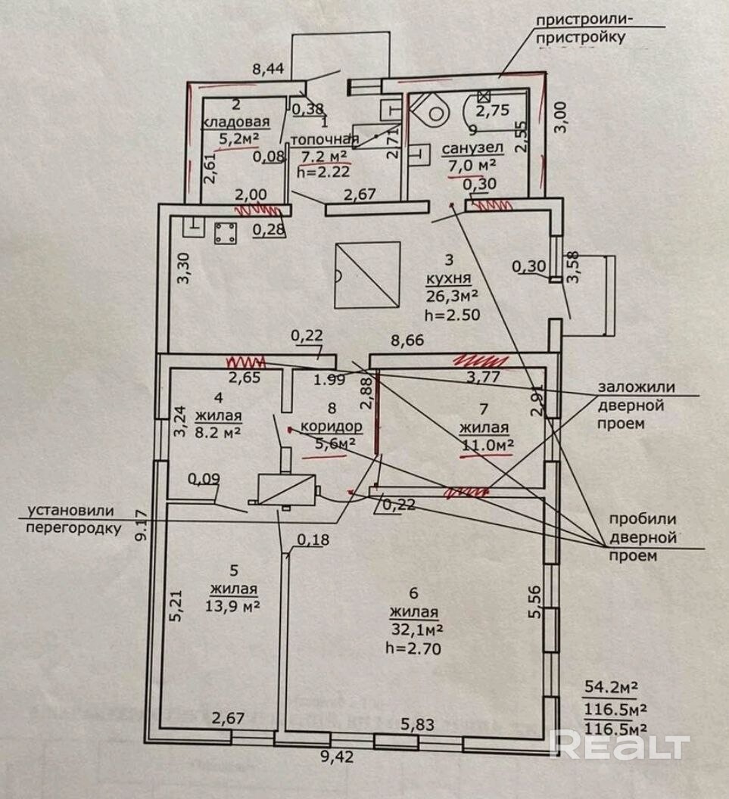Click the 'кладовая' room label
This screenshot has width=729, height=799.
(x=236, y=123)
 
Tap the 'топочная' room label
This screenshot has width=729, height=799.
(x=324, y=138)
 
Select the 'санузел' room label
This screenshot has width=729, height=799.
(x=472, y=148)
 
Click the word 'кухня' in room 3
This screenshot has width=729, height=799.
(x=449, y=278)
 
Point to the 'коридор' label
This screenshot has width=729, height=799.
(x=332, y=426)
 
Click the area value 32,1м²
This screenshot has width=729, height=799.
(x=416, y=630)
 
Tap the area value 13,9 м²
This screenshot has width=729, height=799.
(x=233, y=606)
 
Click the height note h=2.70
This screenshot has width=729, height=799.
(x=413, y=648)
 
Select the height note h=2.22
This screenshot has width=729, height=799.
(x=324, y=171)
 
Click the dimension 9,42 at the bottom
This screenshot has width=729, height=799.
(x=337, y=757)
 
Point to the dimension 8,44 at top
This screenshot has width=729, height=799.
(x=268, y=68)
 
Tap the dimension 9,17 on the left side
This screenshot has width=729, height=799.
(x=143, y=526)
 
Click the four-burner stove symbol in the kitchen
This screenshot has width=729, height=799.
(x=225, y=234)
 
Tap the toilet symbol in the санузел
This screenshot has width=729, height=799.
(x=429, y=109)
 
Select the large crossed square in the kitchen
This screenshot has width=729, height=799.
(x=367, y=275)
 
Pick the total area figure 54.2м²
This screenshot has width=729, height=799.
(x=611, y=688)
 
